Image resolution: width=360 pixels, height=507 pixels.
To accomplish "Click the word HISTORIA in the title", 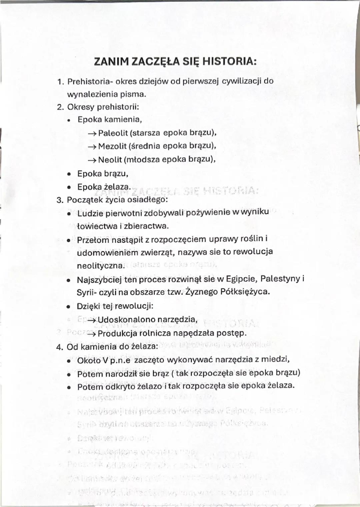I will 229,62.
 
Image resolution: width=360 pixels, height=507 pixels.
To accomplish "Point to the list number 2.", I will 60,107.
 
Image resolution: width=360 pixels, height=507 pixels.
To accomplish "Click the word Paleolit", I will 113,133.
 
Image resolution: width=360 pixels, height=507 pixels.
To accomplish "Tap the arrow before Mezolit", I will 92,147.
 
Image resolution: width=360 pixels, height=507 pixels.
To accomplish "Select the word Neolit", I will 110,160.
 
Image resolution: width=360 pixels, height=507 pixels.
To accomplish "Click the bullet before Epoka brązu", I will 69,174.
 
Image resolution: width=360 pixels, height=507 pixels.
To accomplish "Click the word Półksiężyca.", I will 245,292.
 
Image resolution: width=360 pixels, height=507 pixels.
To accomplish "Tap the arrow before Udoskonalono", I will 92,320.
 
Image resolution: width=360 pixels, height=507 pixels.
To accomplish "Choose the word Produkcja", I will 117,333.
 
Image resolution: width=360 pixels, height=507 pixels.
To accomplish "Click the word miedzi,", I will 275,359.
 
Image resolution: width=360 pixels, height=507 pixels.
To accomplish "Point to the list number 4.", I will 60,347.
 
